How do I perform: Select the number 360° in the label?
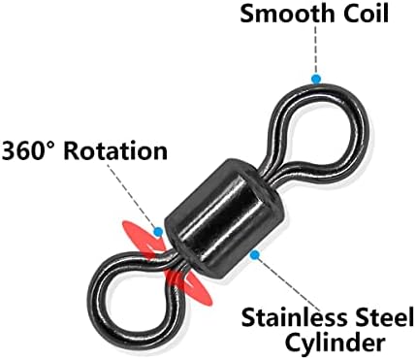coord(30,150)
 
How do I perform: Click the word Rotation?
coord(115,150)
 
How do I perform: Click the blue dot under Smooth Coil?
coord(316,79)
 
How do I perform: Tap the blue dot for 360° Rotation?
coord(158,232)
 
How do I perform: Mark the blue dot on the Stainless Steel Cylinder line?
coord(255,255)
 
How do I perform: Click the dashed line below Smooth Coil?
coord(316,49)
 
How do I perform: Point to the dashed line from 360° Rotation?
coord(132,196)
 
